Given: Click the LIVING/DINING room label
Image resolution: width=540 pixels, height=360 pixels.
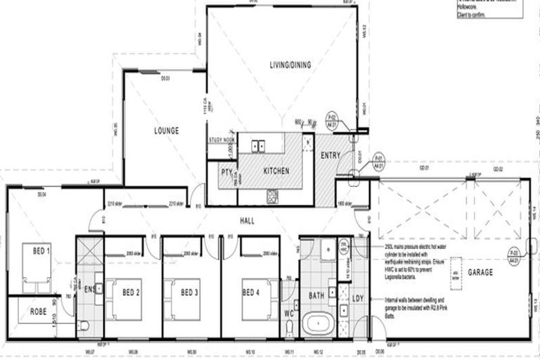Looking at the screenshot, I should click(290, 65).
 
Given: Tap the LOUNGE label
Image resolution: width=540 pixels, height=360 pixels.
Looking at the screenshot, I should click(167, 131).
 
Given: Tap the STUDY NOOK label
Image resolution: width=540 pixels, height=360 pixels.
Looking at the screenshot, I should click(221, 140).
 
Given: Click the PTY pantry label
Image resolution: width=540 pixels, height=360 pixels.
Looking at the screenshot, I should click(226, 172).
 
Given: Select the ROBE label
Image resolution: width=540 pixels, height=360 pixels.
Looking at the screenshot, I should click(38, 311).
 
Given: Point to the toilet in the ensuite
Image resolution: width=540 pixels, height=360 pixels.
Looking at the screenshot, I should click(84, 326).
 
